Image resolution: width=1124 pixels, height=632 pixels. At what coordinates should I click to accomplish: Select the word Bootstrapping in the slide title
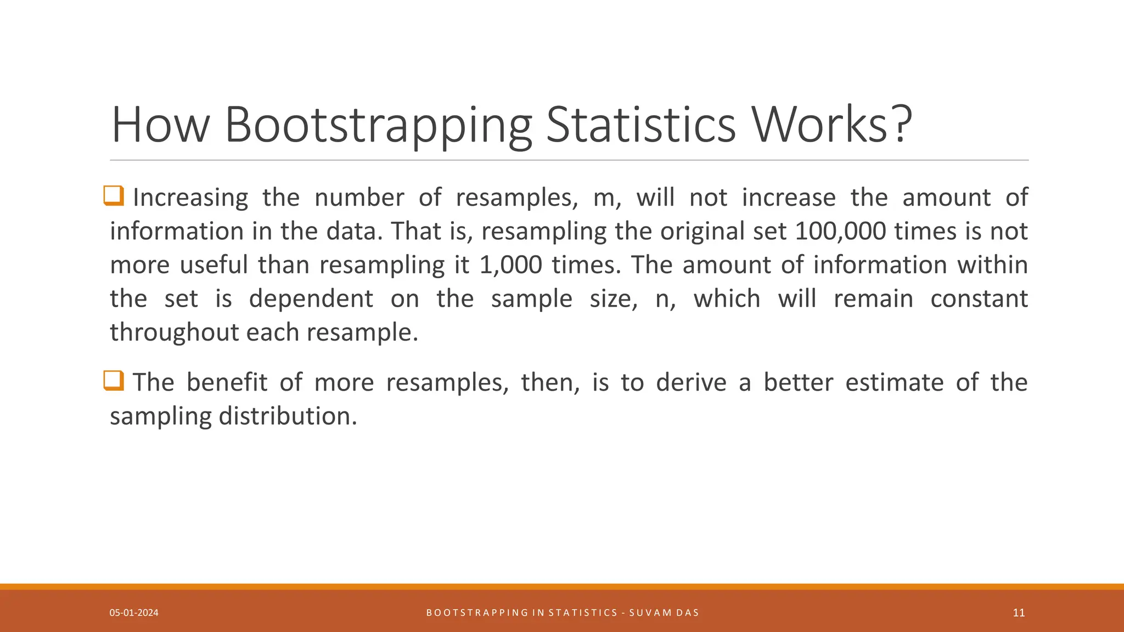[x=378, y=125]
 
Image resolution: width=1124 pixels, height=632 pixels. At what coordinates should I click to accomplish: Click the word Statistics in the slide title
[x=640, y=125]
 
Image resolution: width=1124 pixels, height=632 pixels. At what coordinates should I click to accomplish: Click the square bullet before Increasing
[x=114, y=196]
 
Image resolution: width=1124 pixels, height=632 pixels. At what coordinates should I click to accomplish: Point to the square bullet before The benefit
[x=114, y=381]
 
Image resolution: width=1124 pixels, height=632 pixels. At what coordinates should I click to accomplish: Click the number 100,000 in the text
[x=840, y=232]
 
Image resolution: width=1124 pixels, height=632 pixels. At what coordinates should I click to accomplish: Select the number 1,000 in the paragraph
[x=510, y=265]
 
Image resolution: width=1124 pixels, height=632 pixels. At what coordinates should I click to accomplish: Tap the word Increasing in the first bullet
[x=190, y=198]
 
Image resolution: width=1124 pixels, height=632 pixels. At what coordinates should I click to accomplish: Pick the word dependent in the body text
[x=311, y=299]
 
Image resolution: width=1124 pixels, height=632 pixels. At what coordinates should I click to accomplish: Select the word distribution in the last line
[x=288, y=416]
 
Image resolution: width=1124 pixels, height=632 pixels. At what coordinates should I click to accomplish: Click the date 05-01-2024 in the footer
[x=134, y=613]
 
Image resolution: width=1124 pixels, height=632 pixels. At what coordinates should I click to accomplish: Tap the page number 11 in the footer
[x=1019, y=613]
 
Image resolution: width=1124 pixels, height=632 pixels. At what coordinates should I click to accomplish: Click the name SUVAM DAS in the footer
[x=664, y=613]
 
